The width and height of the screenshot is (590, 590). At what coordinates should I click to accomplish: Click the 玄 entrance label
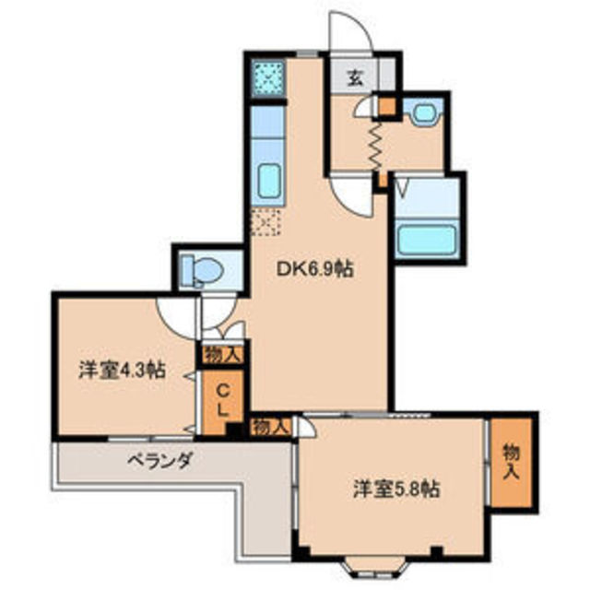[356, 77]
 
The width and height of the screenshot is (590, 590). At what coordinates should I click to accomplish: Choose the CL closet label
[222, 397]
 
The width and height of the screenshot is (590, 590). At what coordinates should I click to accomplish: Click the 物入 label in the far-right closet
[512, 461]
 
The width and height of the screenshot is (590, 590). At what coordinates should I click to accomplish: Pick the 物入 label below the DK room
[271, 426]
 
